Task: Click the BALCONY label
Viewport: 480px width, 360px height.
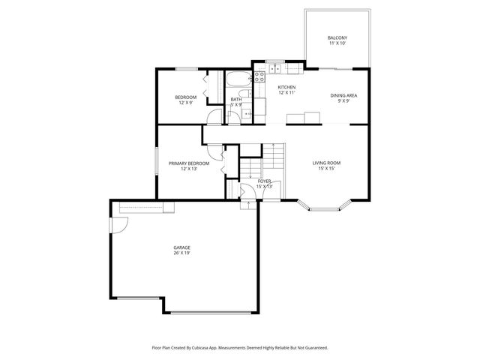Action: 337,38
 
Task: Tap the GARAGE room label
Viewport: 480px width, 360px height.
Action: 181,247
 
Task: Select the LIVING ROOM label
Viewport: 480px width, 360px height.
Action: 327,163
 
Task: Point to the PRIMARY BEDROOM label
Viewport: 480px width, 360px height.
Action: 188,163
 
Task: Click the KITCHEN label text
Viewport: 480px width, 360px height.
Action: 286,88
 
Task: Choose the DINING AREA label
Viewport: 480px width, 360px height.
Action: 343,95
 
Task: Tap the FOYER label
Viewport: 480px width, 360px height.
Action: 265,181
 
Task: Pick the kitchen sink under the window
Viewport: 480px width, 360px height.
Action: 275,69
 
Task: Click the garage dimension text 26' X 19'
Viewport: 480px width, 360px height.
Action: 181,253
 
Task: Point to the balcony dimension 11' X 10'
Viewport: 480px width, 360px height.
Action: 337,44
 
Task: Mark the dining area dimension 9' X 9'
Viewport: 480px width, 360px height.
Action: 343,101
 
